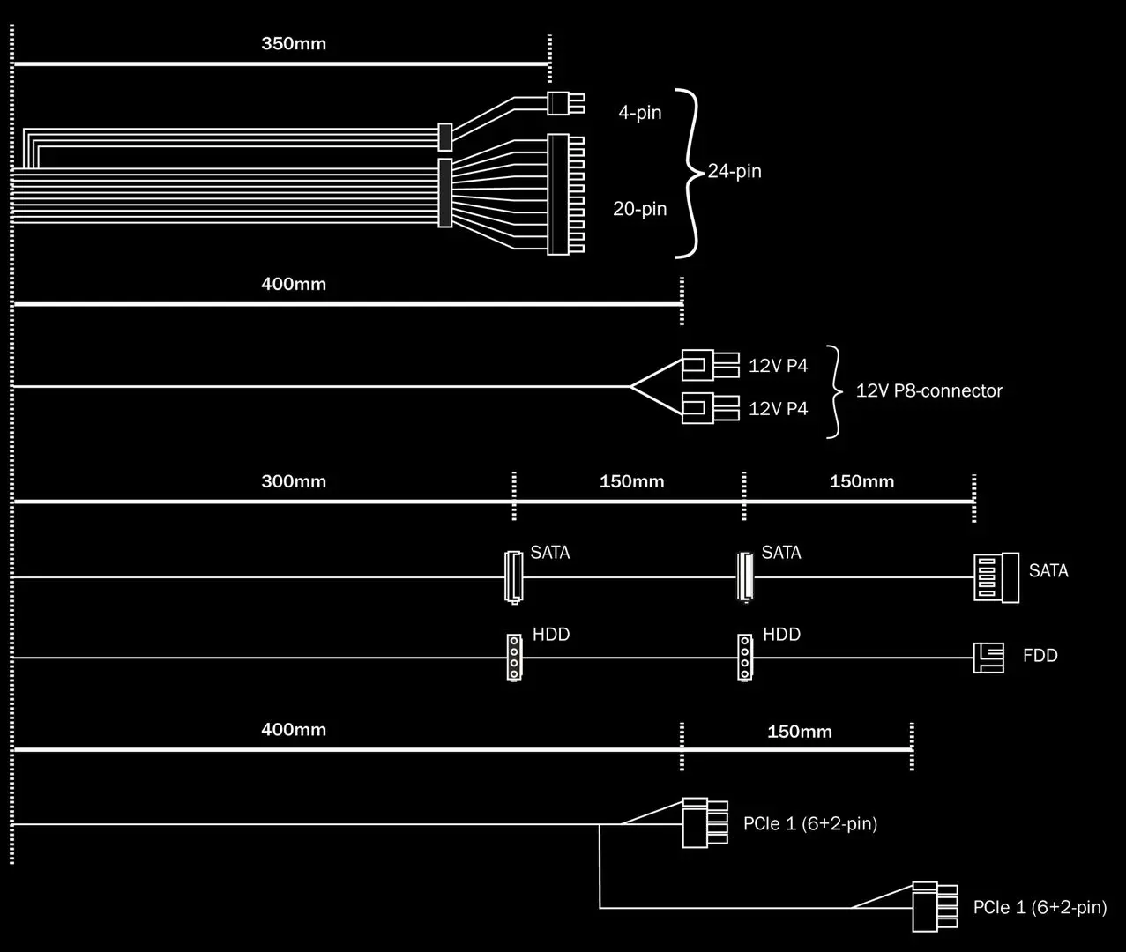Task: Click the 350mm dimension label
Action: [x=294, y=43]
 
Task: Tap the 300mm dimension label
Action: [x=294, y=481]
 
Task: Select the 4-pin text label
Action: [x=639, y=113]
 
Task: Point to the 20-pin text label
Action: [x=639, y=209]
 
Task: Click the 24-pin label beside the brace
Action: [x=735, y=171]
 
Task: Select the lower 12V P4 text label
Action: [x=778, y=409]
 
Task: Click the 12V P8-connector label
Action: [x=928, y=390]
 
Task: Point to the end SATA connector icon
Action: [x=996, y=577]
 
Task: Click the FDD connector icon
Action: [x=988, y=658]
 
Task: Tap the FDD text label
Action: [x=1040, y=656]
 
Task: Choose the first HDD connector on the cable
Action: [x=513, y=657]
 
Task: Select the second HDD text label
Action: [x=781, y=635]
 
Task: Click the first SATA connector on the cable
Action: [x=513, y=576]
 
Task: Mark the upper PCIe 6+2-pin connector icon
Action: [x=705, y=822]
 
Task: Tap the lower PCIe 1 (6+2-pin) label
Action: [x=1040, y=908]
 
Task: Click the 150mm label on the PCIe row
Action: [x=799, y=732]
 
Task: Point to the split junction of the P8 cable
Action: [x=631, y=386]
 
